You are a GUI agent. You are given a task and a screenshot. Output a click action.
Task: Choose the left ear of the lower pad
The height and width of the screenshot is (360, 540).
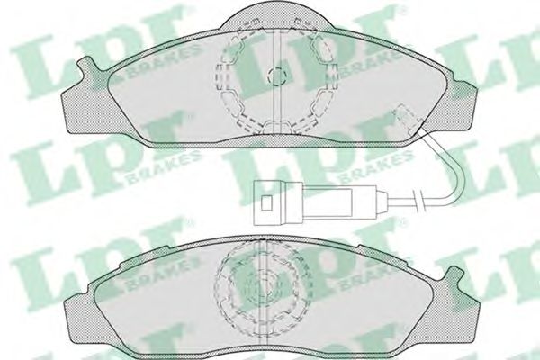(x=76, y=297)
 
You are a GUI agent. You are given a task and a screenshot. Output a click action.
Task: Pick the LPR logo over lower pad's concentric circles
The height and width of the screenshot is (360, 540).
(x=270, y=270)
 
